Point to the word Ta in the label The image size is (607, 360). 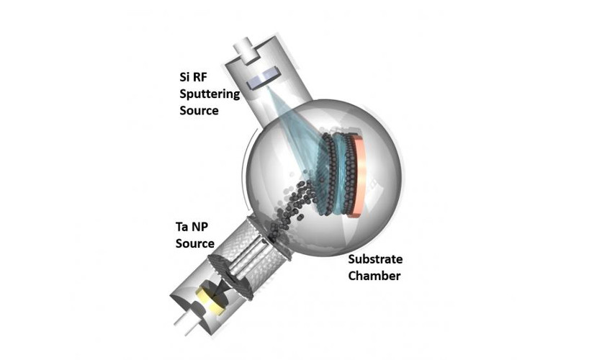click(x=182, y=226)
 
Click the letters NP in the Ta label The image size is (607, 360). click(x=203, y=226)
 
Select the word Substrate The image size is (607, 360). click(x=374, y=258)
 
